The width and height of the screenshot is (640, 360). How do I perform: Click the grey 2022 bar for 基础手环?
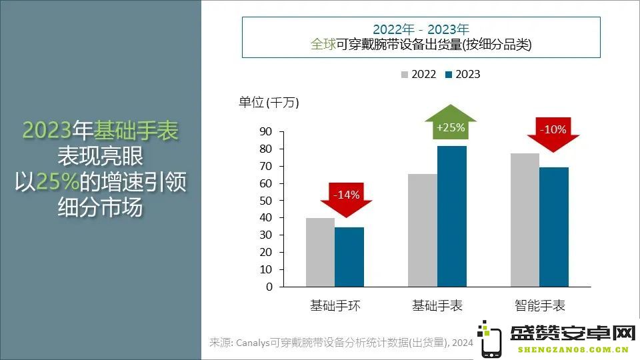[321, 252]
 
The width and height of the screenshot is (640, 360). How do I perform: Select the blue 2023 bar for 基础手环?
[349, 257]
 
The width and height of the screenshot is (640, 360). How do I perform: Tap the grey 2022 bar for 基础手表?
[423, 230]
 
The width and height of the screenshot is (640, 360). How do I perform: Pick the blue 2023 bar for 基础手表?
[452, 216]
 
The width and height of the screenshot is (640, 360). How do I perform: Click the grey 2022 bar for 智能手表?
[525, 220]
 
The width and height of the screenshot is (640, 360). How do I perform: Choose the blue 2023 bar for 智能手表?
[554, 227]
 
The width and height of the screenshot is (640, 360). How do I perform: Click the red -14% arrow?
[346, 199]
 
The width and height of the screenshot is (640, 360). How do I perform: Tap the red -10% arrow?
[553, 134]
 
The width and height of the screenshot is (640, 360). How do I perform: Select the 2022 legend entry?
[419, 74]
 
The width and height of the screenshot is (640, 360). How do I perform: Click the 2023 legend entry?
[463, 74]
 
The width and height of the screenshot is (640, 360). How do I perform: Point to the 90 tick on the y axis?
[266, 131]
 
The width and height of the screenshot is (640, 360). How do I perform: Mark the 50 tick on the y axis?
[266, 201]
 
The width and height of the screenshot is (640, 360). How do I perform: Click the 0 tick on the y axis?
[269, 287]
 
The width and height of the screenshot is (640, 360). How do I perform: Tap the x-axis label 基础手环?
[335, 305]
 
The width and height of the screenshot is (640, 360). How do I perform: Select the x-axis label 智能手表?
[539, 305]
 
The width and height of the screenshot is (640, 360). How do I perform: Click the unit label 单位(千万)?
[269, 102]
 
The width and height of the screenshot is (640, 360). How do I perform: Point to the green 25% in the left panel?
[57, 181]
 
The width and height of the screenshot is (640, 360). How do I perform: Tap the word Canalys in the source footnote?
[253, 343]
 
